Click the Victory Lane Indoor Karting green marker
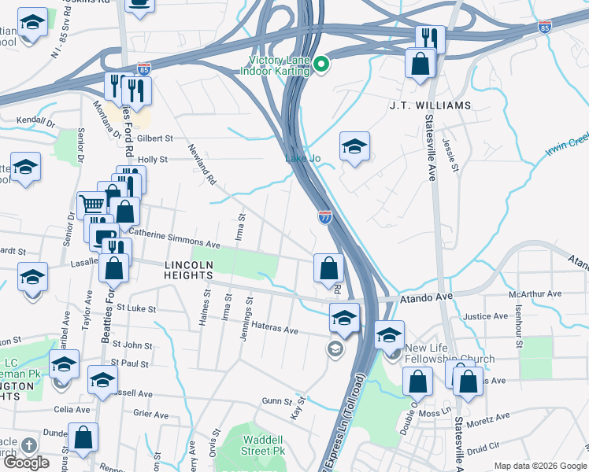(320, 64)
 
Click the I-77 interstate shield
(324, 216)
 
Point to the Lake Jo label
(302, 159)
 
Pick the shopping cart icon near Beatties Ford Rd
(93, 204)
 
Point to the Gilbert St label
(154, 138)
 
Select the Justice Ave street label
(485, 316)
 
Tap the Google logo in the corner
(26, 463)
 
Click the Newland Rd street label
(202, 163)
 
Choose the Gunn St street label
(277, 401)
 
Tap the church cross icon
(28, 445)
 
